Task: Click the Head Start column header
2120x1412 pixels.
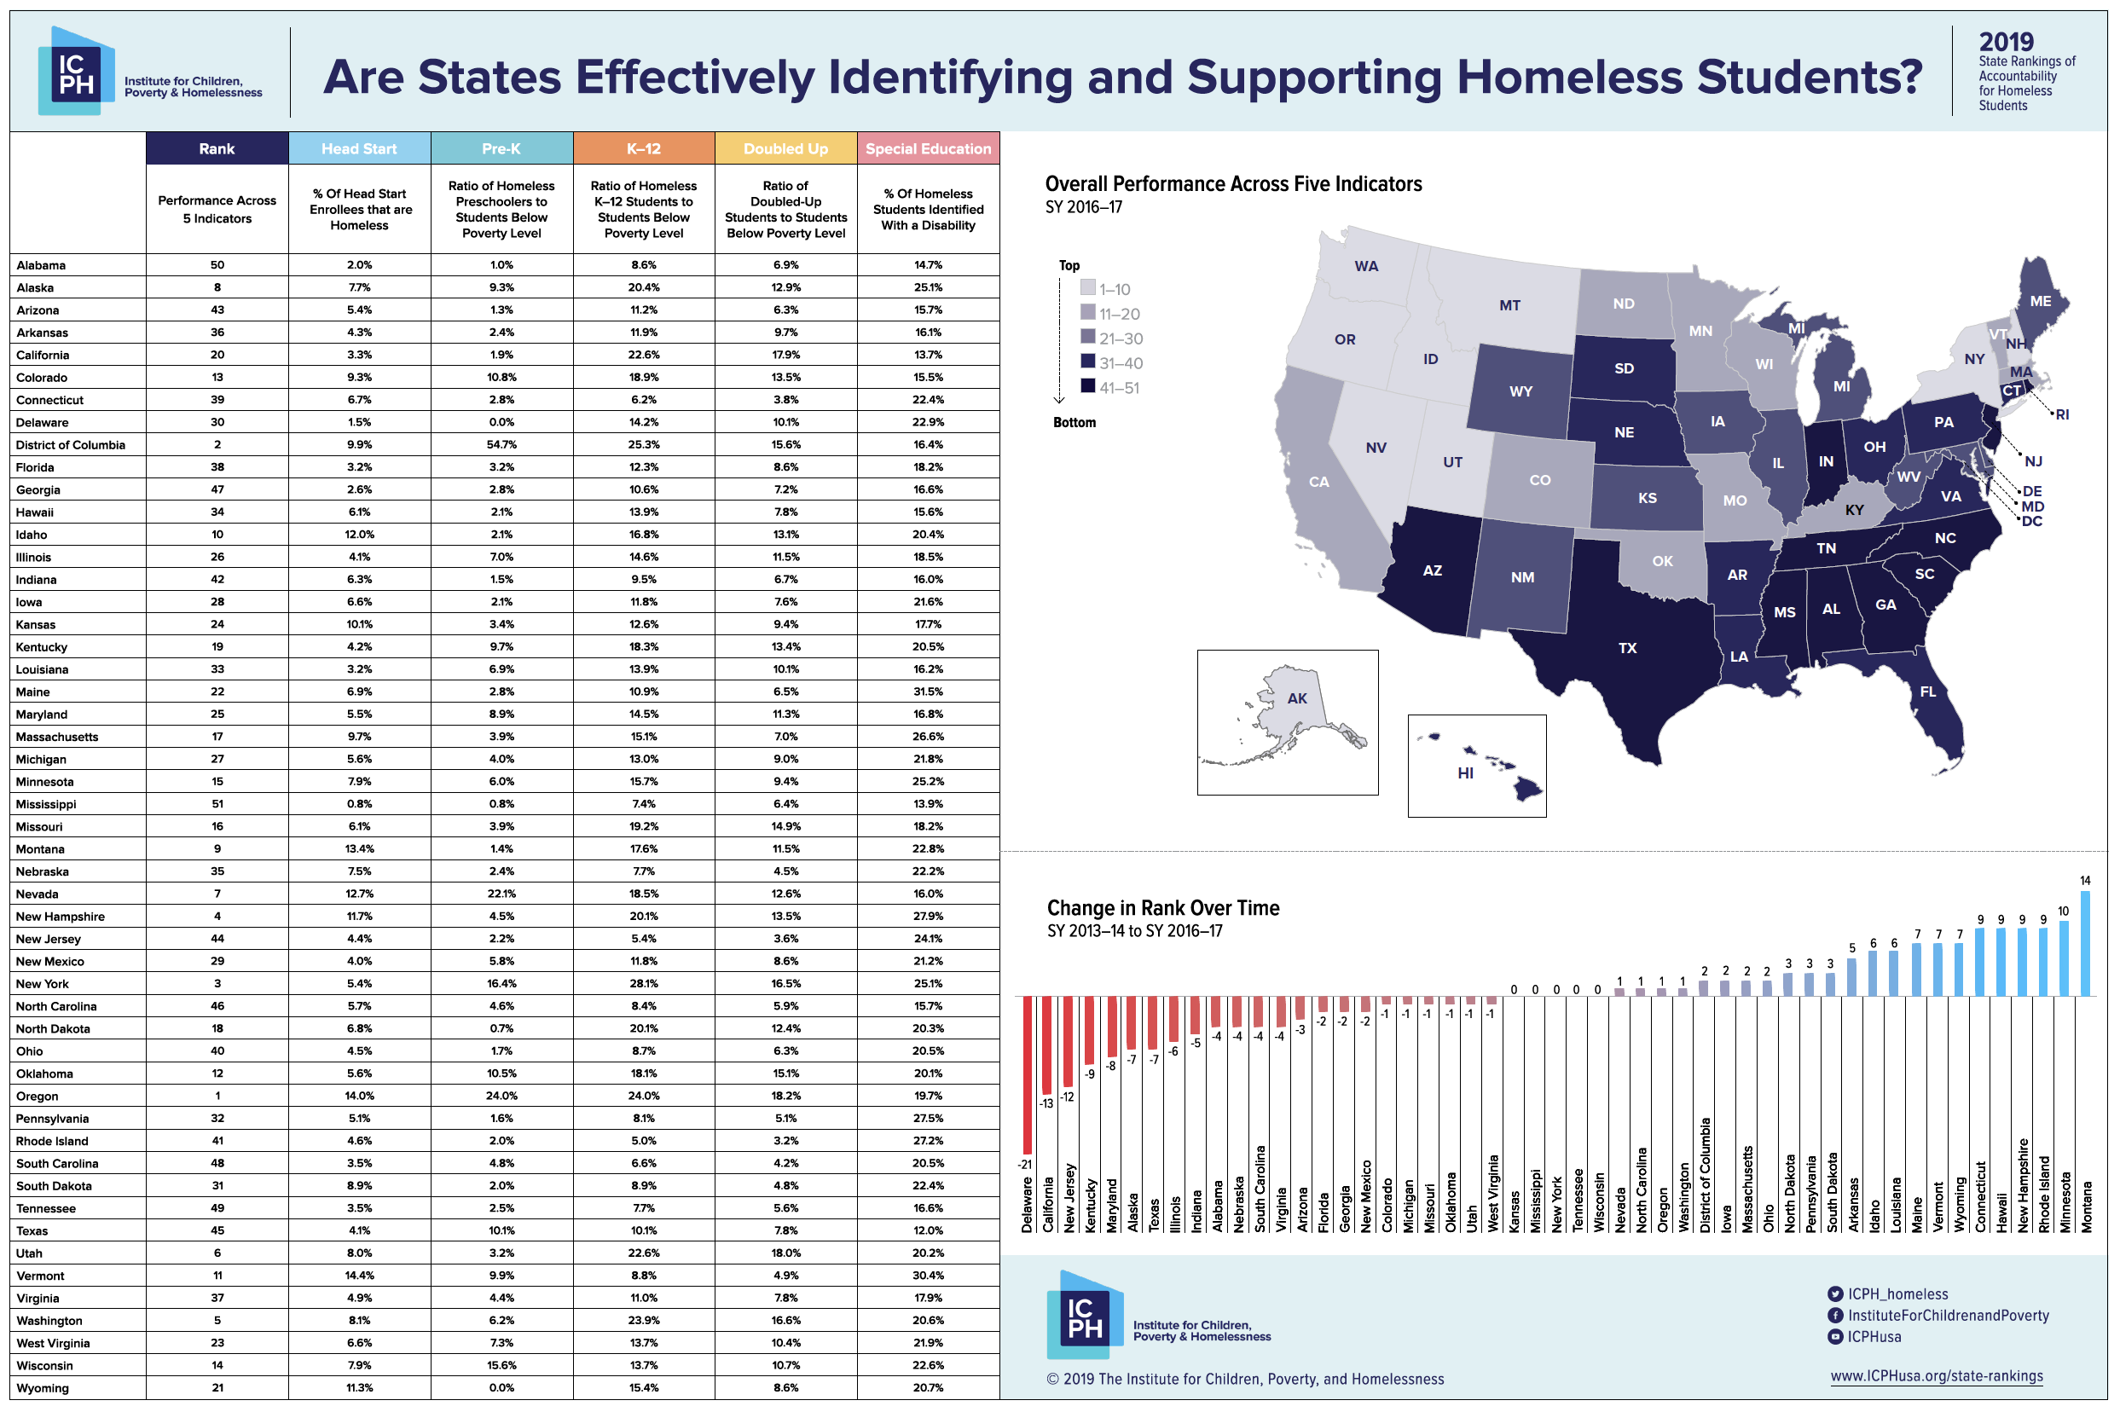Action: [x=358, y=148]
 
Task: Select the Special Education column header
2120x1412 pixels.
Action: [x=928, y=148]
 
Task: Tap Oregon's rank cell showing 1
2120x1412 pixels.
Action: [x=217, y=1096]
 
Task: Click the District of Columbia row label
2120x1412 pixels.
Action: [x=70, y=445]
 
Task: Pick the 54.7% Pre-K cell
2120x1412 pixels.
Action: [x=501, y=445]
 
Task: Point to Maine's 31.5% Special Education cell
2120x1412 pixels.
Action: [x=928, y=692]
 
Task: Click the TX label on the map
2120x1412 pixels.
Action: [x=1626, y=647]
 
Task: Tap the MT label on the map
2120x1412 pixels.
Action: [x=1509, y=305]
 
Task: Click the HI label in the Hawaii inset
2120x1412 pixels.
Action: [x=1465, y=773]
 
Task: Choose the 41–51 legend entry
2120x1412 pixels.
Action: [x=1119, y=388]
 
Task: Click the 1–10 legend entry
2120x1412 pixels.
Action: [x=1114, y=289]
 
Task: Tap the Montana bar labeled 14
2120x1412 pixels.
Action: [x=2085, y=943]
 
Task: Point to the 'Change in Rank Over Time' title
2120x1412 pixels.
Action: [x=1162, y=908]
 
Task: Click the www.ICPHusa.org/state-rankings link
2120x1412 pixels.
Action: [x=1937, y=1376]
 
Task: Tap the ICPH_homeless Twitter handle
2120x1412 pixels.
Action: [x=1897, y=1294]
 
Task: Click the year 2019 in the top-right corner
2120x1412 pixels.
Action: [x=2006, y=42]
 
